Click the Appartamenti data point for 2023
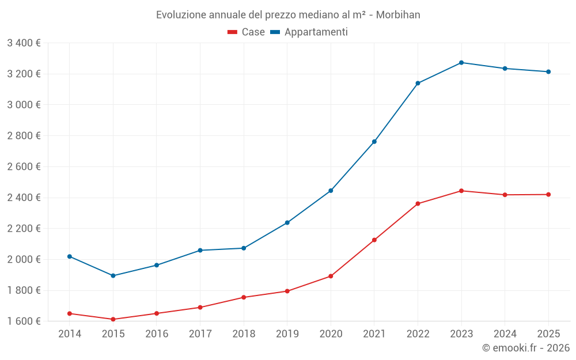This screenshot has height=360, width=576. [461, 62]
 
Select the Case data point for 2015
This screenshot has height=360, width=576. [113, 319]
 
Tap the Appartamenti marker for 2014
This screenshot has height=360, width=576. [70, 256]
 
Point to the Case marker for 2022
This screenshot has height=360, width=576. [418, 203]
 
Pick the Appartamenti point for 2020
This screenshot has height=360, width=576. [331, 191]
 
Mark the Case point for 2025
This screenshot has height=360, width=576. [548, 195]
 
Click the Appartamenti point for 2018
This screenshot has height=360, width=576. [244, 248]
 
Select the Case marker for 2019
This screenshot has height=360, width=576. [287, 291]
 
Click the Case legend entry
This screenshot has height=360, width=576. [246, 32]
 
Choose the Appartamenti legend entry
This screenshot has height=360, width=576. [309, 32]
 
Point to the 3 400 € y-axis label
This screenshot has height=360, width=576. [24, 43]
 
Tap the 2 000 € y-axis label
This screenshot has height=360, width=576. [24, 259]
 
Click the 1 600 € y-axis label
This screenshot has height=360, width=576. [24, 321]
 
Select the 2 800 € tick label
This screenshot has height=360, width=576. [24, 136]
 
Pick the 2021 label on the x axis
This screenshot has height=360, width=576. [374, 334]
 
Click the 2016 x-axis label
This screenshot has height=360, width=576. [157, 334]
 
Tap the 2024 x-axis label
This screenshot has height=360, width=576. [505, 334]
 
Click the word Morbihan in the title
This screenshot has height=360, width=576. [398, 14]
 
